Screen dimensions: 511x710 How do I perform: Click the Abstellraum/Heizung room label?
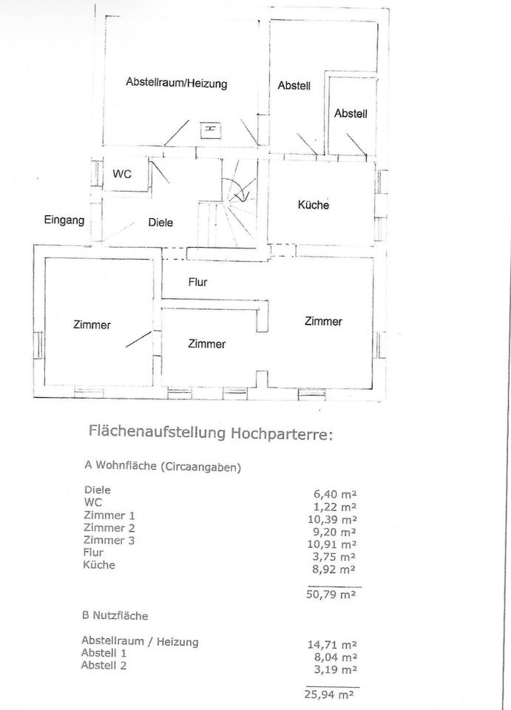pos(176,84)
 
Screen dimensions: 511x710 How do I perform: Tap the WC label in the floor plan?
pos(122,174)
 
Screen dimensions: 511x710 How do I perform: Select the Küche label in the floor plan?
pos(313,205)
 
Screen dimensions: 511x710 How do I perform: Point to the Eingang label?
pos(64,220)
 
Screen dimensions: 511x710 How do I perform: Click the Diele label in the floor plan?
pos(160,222)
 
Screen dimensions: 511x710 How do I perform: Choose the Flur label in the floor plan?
pos(197,282)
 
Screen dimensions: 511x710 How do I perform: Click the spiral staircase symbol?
pos(238,190)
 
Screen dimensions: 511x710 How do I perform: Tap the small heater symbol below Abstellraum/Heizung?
pos(211,129)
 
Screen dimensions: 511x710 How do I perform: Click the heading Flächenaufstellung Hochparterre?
pos(211,432)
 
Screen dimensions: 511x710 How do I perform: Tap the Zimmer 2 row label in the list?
pos(110,527)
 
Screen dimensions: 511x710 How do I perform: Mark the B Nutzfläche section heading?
pos(115,614)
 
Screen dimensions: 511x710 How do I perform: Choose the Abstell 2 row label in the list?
pos(104,665)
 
